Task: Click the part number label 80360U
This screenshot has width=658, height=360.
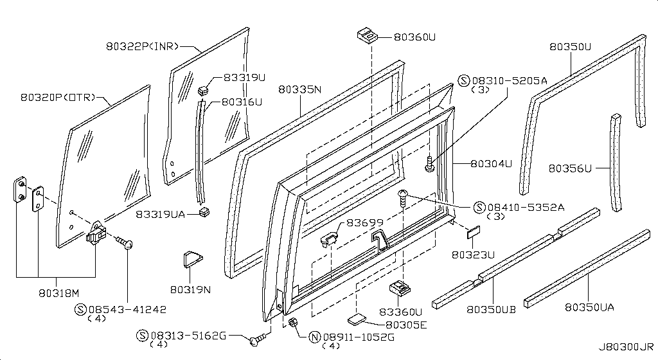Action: point(414,38)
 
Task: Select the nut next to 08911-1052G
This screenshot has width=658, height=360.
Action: point(294,322)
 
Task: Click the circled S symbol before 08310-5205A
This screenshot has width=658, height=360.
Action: point(465,80)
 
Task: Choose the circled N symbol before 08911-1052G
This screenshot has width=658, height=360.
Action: point(315,337)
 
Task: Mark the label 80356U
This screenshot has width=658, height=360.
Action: point(569,168)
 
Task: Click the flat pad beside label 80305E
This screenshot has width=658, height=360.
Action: point(356,318)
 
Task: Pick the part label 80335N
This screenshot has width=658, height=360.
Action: point(299,90)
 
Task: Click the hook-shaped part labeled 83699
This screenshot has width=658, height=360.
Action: point(329,239)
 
